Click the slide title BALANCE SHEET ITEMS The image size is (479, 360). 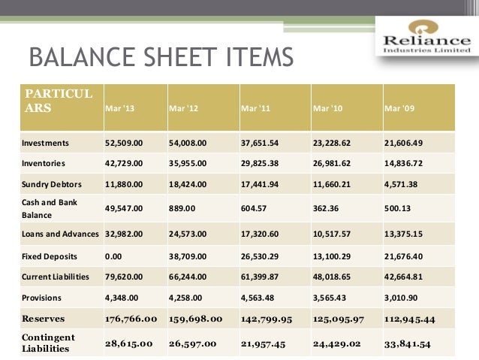159,58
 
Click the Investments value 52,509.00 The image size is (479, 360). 123,141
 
